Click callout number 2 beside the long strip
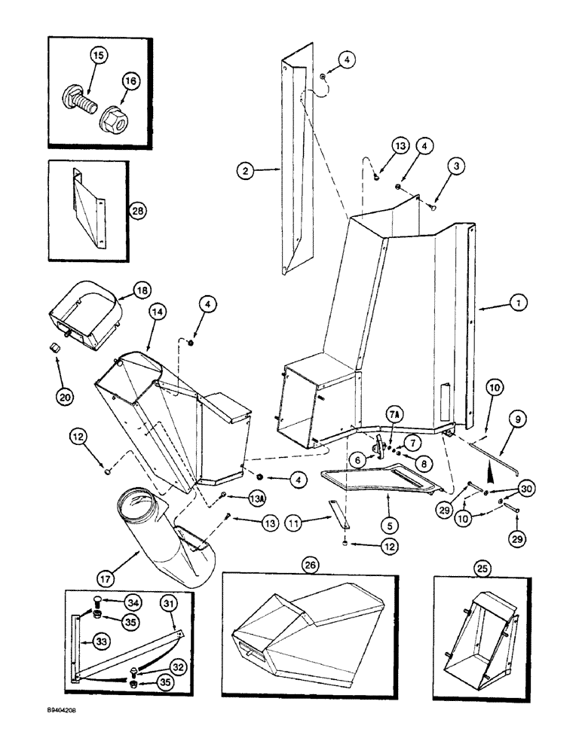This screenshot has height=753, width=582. click(244, 171)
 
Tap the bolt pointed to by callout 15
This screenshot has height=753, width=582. click(77, 98)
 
